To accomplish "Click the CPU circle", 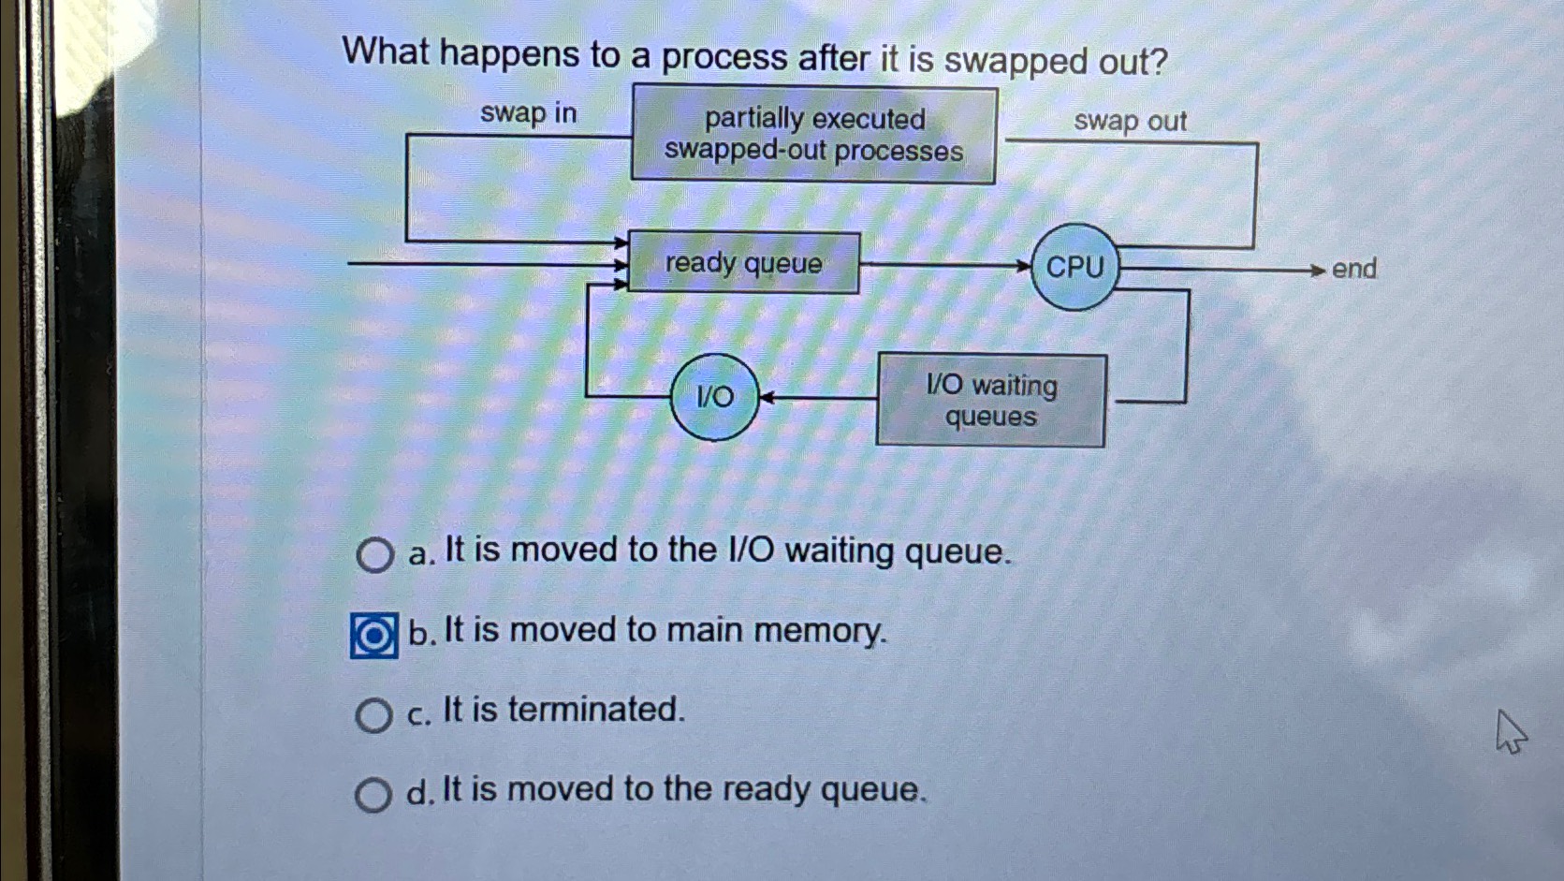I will pyautogui.click(x=1074, y=267).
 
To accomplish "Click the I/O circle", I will pyautogui.click(x=715, y=397).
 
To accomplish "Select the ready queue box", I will pyautogui.click(x=743, y=263).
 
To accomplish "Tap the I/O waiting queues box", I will pyautogui.click(x=991, y=401).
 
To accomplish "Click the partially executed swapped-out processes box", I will pyautogui.click(x=813, y=135).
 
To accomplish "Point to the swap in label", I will pyautogui.click(x=528, y=113).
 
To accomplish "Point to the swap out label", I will pyautogui.click(x=1130, y=121).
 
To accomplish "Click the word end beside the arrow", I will pyautogui.click(x=1353, y=269).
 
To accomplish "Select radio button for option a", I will pyautogui.click(x=374, y=555).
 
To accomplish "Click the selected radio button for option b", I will pyautogui.click(x=373, y=637).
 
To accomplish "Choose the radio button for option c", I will pyautogui.click(x=373, y=715).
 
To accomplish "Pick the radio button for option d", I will pyautogui.click(x=373, y=795).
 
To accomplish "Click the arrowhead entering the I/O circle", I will pyautogui.click(x=766, y=398).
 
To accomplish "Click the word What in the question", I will pyautogui.click(x=386, y=51).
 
